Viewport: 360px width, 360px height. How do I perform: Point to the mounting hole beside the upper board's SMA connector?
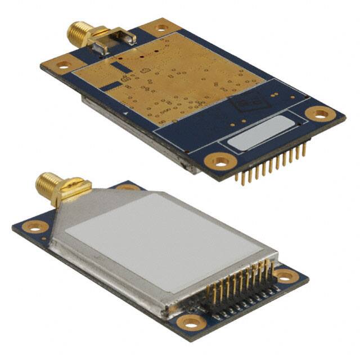[x=160, y=26]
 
